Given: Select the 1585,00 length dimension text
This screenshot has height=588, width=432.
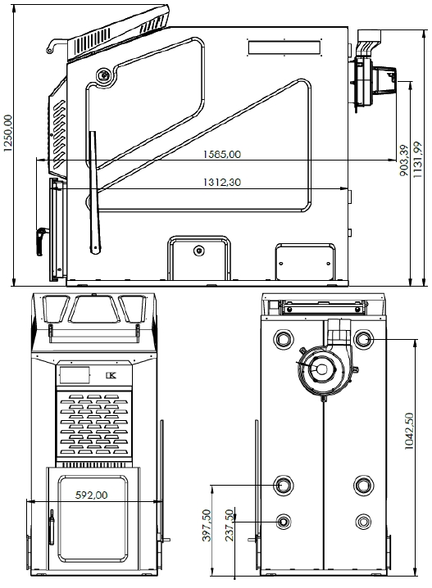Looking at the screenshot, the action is tap(222, 154).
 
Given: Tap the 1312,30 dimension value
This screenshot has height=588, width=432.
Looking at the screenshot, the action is tap(222, 183).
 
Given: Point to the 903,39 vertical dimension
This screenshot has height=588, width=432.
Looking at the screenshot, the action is tap(404, 161).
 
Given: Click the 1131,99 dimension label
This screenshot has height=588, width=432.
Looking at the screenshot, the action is tap(417, 160).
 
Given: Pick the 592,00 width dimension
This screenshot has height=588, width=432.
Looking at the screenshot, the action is tap(91, 495).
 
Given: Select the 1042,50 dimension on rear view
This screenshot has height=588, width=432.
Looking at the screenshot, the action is tap(409, 432).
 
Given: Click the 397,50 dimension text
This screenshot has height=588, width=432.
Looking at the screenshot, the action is tap(207, 526).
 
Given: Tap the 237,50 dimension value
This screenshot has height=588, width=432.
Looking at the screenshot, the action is tap(230, 525).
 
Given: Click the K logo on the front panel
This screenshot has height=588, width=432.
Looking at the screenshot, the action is tap(111, 376).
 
